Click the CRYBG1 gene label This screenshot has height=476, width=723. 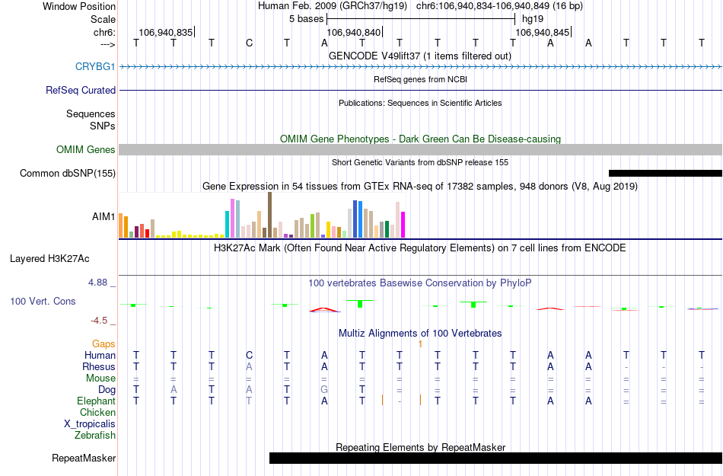tap(95, 66)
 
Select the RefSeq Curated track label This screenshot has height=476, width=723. tap(81, 90)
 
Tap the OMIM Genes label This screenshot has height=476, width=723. tap(86, 149)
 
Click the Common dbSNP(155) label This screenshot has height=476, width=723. tap(68, 173)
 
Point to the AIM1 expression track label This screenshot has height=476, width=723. tap(104, 216)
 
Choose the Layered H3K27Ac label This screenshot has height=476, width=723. tap(62, 258)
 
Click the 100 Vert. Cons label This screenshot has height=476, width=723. tap(43, 301)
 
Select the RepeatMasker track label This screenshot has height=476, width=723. tap(84, 458)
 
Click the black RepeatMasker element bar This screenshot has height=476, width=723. tap(495, 458)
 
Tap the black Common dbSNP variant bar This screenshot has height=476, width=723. tap(664, 173)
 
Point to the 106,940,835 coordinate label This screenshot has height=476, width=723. tap(165, 33)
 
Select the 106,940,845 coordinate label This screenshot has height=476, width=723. tap(542, 33)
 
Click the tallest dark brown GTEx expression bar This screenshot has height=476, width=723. tap(269, 216)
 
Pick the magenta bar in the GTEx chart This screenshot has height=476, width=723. tap(403, 224)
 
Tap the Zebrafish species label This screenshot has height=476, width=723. tap(95, 435)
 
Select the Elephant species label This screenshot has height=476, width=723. tap(96, 401)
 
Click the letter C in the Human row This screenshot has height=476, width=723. tap(249, 355)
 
